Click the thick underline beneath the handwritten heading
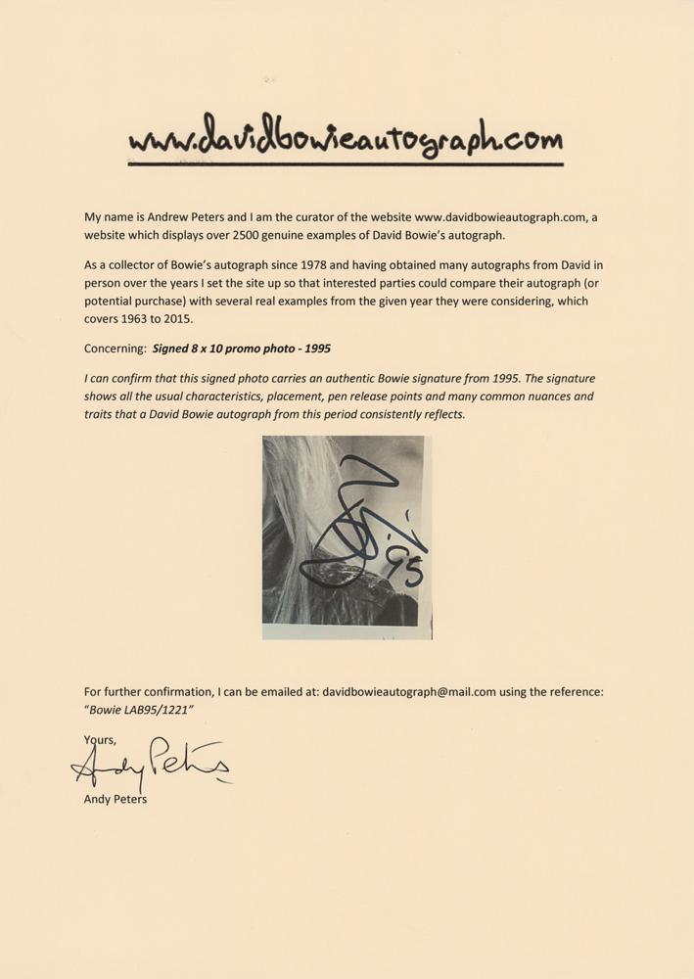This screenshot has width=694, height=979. click(347, 165)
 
